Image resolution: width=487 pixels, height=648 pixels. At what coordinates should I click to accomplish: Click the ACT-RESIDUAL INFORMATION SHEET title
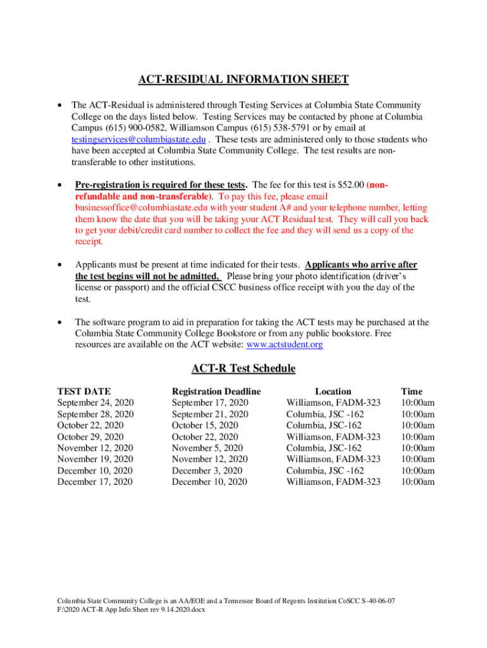[x=244, y=79]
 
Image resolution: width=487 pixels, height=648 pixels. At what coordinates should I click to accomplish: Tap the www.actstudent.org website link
[x=285, y=345]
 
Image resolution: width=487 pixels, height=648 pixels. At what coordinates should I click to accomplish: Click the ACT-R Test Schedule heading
[x=244, y=368]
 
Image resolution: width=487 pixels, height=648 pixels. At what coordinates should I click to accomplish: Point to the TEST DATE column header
[x=83, y=392]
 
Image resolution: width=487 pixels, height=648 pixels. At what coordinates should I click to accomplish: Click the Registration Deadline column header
[x=216, y=392]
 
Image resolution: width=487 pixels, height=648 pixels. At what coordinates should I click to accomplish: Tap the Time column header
[x=412, y=392]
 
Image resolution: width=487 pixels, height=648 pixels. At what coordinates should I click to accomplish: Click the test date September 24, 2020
[x=95, y=403]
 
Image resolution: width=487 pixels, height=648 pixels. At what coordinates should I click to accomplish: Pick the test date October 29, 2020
[x=90, y=437]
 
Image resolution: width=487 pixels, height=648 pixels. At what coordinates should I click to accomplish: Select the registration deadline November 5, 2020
[x=207, y=448]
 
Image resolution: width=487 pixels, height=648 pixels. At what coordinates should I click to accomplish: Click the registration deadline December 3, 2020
[x=207, y=471]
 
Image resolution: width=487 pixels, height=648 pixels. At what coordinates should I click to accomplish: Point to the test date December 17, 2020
[x=95, y=482]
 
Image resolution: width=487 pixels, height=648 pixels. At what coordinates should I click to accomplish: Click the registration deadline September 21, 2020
[x=210, y=414]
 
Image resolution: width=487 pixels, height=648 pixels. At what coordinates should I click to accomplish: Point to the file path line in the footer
[x=131, y=609]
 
